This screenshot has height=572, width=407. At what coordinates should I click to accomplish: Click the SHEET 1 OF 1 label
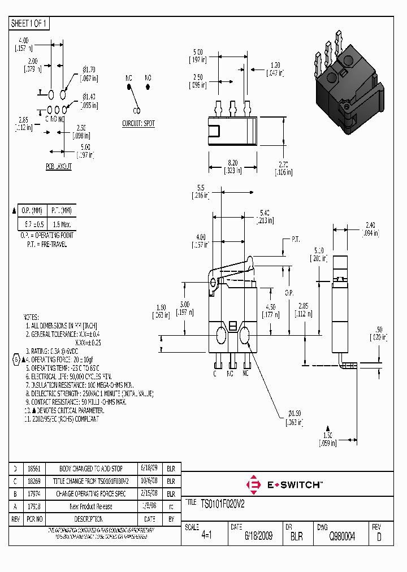click(29, 24)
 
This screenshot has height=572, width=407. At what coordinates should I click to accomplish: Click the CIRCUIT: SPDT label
click(138, 123)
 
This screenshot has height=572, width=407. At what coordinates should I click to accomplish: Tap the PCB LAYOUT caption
click(59, 167)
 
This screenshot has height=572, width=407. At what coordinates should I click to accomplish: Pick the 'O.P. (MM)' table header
click(32, 210)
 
